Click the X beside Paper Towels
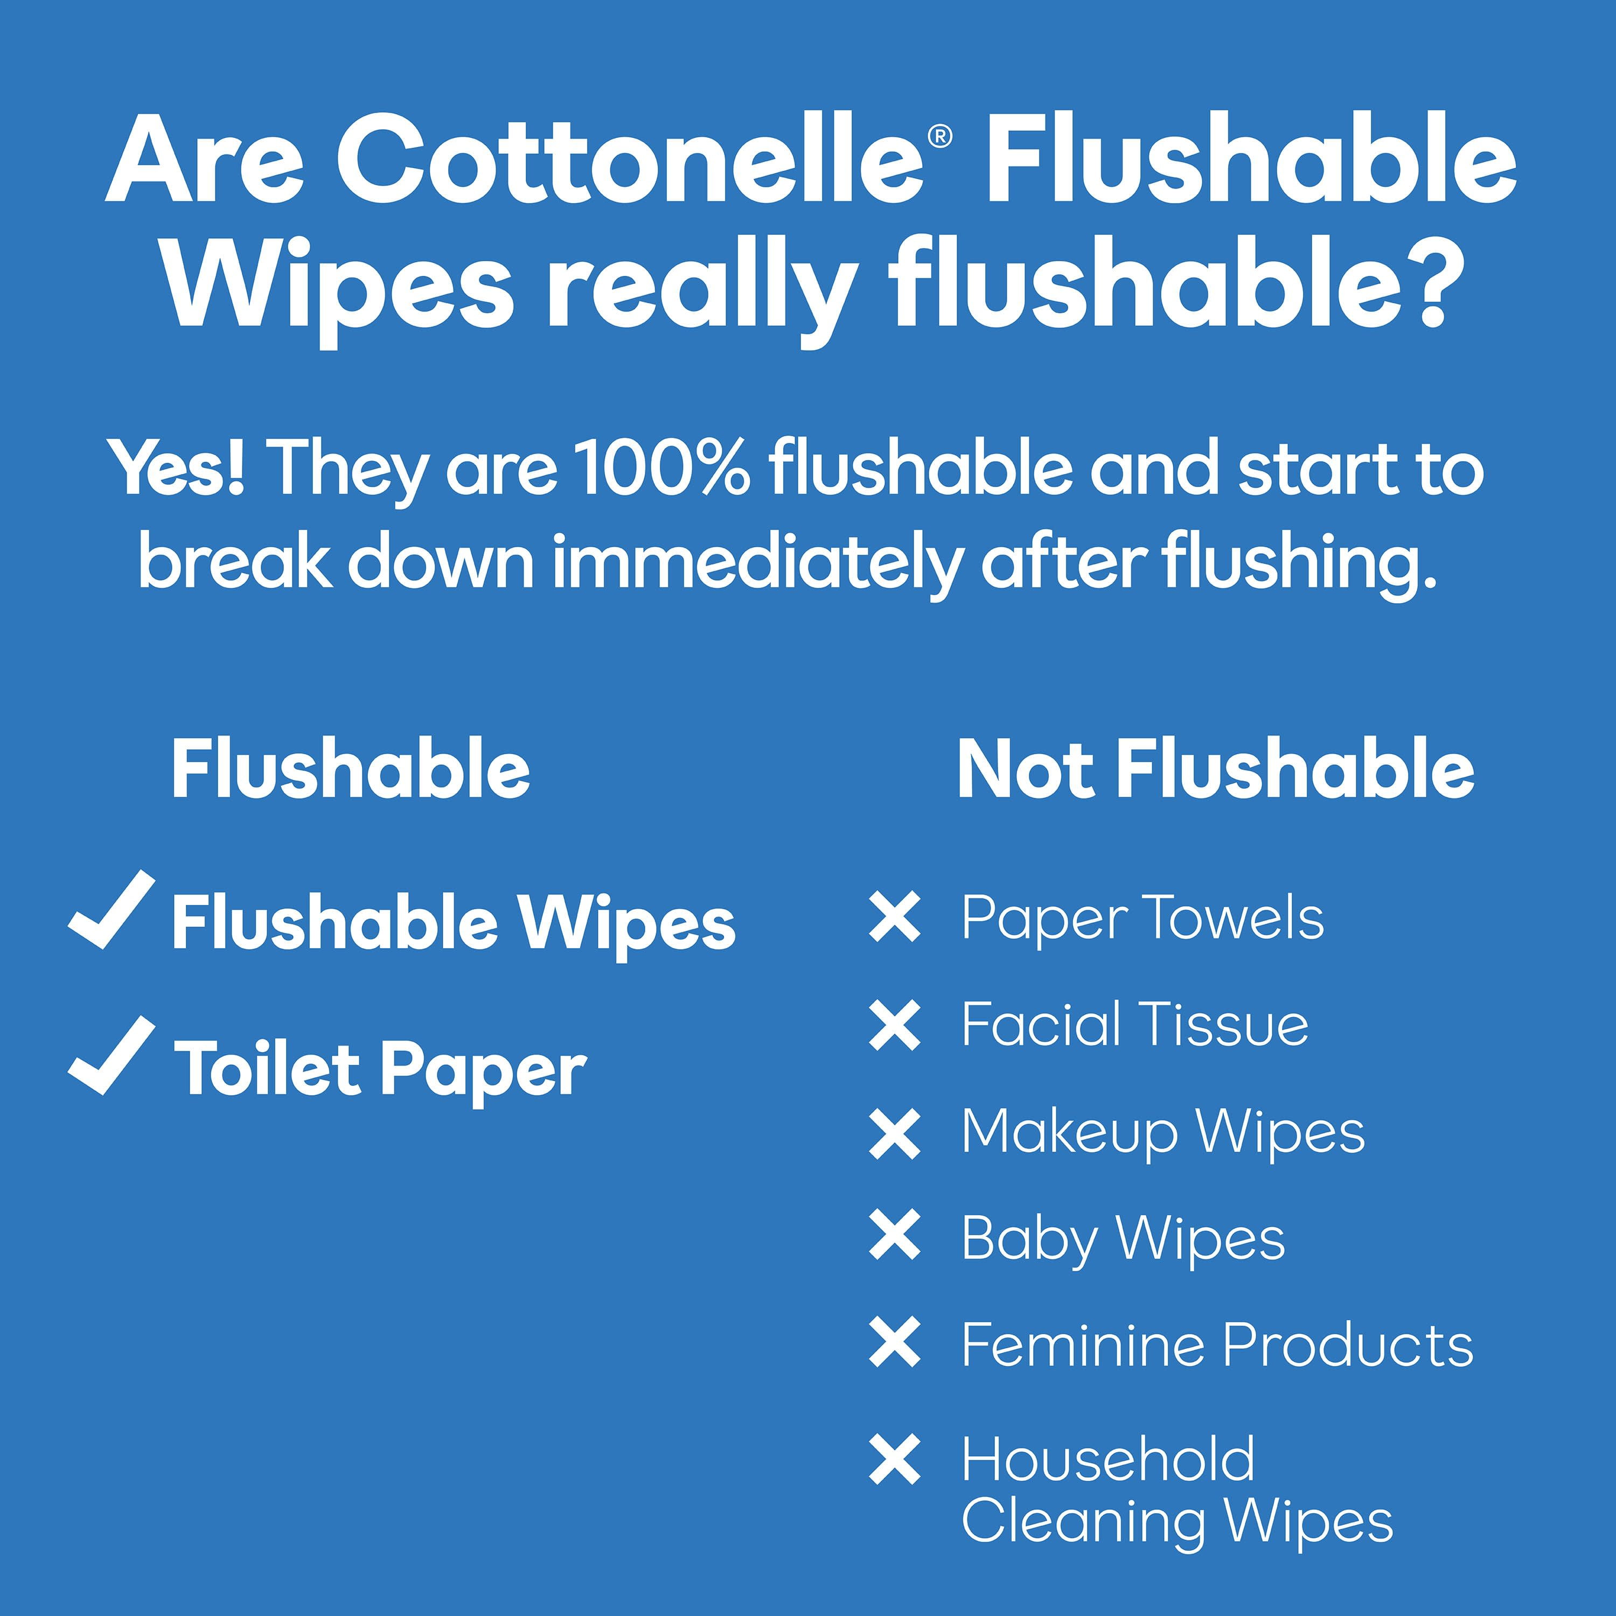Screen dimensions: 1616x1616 tap(895, 917)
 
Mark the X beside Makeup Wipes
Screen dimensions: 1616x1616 tap(895, 1133)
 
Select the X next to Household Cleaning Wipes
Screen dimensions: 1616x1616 tap(895, 1460)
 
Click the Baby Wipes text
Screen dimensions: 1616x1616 tap(1123, 1241)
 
